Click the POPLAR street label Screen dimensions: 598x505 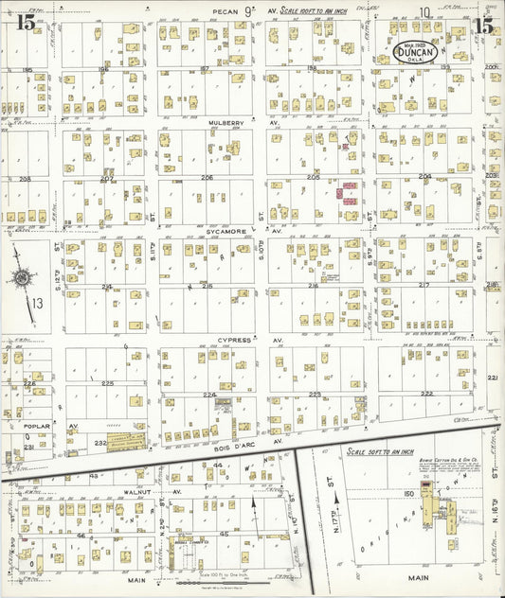point(38,426)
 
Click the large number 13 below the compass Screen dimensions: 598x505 point(37,304)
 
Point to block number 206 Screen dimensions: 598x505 point(206,177)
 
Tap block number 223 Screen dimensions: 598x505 point(316,394)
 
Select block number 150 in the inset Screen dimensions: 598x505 point(409,494)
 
